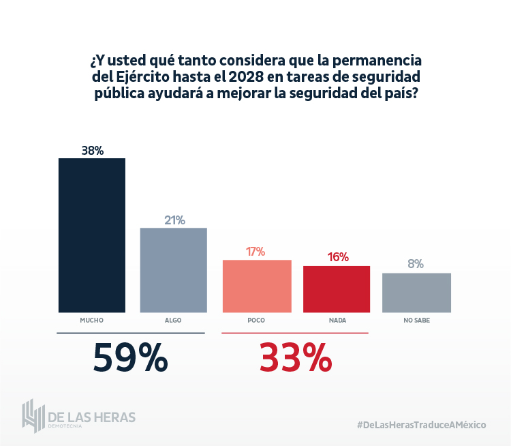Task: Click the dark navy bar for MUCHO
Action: coord(92,235)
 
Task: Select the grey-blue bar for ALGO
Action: coord(174,270)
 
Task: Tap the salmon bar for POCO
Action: coord(257,286)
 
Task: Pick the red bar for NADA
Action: coord(337,289)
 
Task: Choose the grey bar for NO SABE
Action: coord(416,293)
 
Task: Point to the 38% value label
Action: coord(92,151)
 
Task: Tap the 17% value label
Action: coord(255,252)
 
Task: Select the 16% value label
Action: coord(337,257)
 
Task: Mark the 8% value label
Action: coord(416,264)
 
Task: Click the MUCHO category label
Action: coord(91,320)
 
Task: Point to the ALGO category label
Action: coord(173,320)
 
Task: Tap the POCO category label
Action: coord(256,320)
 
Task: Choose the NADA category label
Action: coord(337,320)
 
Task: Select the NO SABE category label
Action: coord(416,320)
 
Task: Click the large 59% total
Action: coord(130,357)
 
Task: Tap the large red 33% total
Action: coord(295,357)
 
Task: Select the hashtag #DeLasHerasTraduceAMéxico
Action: coord(421,424)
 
